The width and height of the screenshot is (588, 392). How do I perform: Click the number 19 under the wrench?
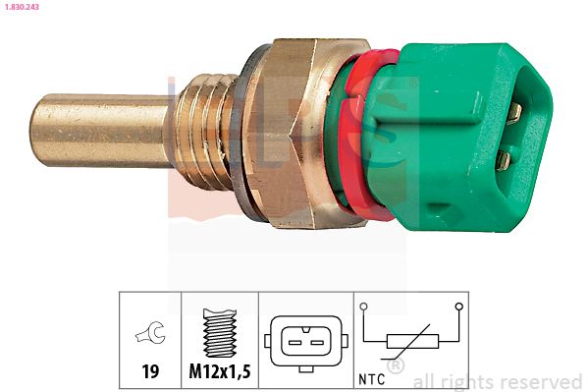tap(150, 372)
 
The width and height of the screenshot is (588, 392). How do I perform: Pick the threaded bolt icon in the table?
tap(219, 334)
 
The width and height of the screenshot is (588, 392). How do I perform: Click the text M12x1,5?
tap(220, 372)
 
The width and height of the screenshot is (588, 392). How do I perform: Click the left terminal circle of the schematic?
tap(364, 308)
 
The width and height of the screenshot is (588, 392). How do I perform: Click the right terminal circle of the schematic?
tap(458, 308)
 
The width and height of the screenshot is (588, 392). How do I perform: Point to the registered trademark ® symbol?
tap(396, 366)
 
